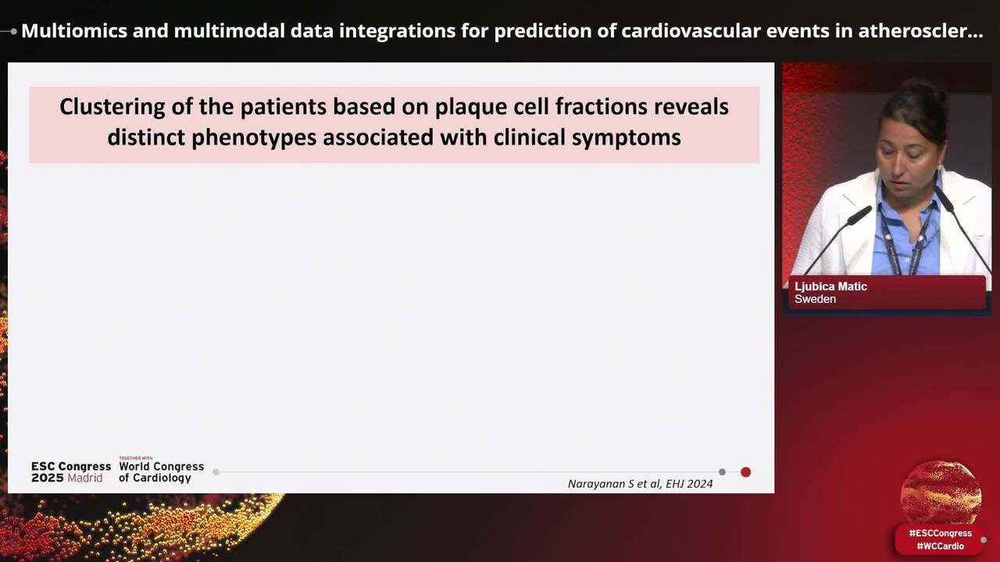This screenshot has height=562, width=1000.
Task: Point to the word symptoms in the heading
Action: click(x=629, y=138)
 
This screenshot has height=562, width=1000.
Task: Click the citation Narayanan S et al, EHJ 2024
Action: click(x=640, y=484)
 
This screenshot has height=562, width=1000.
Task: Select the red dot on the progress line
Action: click(x=745, y=471)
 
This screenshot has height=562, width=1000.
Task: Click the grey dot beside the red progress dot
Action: click(x=722, y=471)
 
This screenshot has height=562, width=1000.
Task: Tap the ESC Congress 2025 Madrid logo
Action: click(x=70, y=471)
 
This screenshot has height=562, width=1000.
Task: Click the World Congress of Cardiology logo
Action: click(x=161, y=471)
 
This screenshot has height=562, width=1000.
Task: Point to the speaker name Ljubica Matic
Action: click(x=830, y=286)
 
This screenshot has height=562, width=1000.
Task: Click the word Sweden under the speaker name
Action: click(x=815, y=299)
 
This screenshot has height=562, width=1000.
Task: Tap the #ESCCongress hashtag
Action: click(x=940, y=533)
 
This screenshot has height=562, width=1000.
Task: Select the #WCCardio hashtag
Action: click(x=940, y=546)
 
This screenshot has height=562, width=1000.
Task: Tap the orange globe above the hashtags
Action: click(x=941, y=493)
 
